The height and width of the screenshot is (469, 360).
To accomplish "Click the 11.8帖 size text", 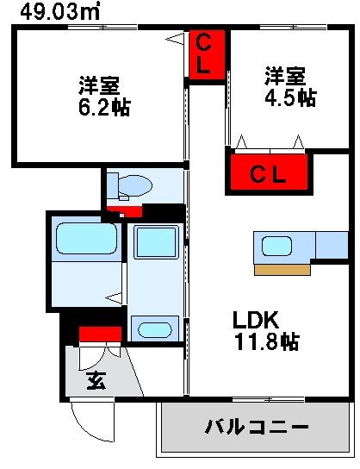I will tap(268, 342).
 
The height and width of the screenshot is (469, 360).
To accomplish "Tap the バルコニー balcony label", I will tap(257, 427).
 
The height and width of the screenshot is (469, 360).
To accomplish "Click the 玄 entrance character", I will tap(96, 380).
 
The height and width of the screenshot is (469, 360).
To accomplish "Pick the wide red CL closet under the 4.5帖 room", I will tap(269, 172).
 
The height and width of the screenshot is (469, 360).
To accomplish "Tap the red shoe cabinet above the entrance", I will tap(100, 335).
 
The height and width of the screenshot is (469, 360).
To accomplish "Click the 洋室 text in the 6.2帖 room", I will tap(98, 86).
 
